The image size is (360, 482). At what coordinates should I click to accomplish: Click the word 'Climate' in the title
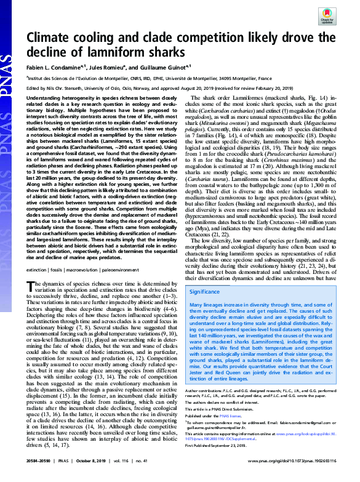[54, 38]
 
